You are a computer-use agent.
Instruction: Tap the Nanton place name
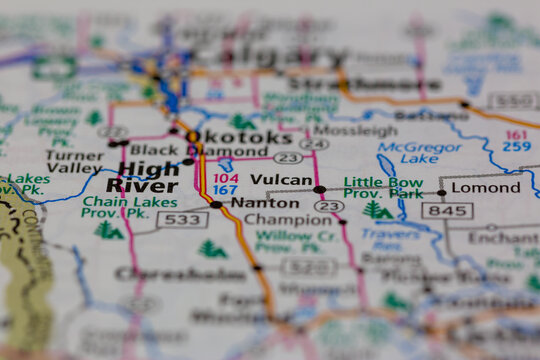(264, 202)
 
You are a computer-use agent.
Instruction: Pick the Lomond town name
(485, 187)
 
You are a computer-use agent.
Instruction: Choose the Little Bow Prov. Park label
(383, 188)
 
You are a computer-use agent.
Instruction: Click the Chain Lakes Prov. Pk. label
(115, 207)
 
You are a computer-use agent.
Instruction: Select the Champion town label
(287, 220)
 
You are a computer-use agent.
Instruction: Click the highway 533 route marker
(182, 219)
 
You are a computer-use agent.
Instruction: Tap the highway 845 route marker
(446, 211)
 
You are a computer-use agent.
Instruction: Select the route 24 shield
(314, 143)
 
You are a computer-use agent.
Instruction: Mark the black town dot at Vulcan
(319, 189)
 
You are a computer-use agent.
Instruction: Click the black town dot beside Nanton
(216, 204)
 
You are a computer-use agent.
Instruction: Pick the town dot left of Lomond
(441, 192)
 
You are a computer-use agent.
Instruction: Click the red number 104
(225, 177)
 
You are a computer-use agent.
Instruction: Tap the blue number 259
(517, 146)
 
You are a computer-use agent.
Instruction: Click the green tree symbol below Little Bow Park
(376, 210)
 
